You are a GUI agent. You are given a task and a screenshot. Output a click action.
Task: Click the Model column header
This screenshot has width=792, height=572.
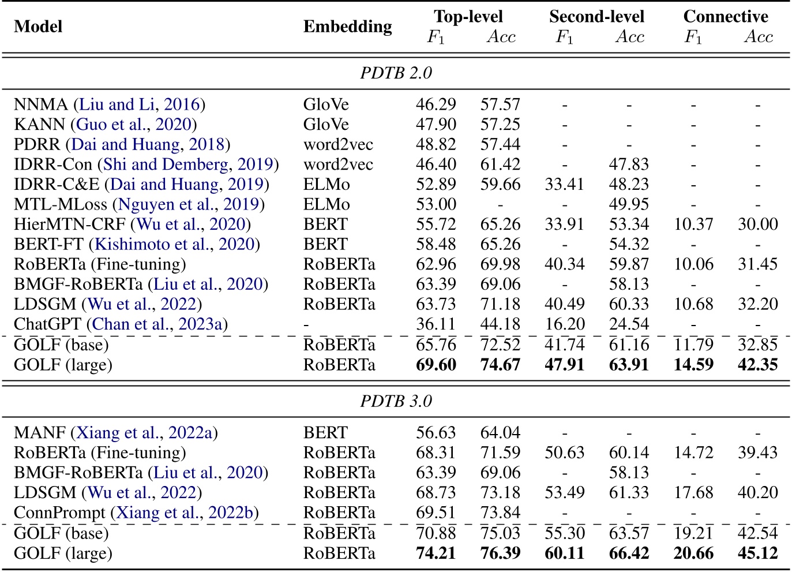tap(38, 27)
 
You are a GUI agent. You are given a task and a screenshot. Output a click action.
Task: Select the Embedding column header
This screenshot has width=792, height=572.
tap(347, 27)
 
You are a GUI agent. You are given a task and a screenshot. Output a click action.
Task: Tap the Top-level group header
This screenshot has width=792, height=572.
tap(468, 16)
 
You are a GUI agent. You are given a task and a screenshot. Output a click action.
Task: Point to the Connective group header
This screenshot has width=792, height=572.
tap(725, 16)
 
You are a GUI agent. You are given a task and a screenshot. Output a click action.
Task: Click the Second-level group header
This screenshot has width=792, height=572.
tap(596, 16)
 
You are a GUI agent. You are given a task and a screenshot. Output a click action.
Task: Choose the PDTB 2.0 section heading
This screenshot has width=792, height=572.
tap(396, 73)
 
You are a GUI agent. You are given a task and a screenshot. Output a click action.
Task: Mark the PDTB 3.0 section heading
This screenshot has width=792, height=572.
tap(396, 401)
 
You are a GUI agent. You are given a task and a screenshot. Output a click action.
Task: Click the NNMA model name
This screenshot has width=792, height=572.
tap(41, 104)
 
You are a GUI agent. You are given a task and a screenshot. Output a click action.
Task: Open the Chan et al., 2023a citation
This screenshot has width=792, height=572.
tap(157, 324)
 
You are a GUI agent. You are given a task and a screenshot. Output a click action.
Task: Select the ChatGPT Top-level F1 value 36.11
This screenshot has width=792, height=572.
tap(436, 324)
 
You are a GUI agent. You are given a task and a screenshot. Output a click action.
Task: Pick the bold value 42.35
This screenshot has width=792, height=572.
tap(757, 365)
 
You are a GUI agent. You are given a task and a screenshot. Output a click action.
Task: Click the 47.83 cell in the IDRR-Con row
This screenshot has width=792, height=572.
tap(629, 165)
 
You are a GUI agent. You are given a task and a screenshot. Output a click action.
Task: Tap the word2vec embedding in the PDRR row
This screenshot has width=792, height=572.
tap(338, 144)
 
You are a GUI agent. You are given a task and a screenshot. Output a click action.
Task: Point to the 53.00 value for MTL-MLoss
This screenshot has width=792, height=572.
tap(436, 204)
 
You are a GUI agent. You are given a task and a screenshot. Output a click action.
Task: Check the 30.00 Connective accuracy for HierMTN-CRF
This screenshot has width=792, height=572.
tap(757, 225)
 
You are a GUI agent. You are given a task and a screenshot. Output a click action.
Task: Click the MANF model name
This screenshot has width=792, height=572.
tap(40, 433)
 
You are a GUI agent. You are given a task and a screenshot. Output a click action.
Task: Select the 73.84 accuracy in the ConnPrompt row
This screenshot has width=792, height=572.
tap(500, 513)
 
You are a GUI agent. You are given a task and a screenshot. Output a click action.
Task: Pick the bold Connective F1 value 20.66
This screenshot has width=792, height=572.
tap(693, 553)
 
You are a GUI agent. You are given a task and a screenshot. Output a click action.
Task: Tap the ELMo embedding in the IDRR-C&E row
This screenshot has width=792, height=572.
tap(326, 185)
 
